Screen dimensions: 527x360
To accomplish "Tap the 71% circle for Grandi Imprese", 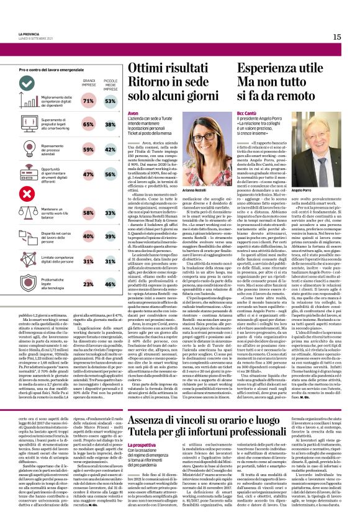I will pos(89,101).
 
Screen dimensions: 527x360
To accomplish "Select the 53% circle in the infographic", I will pos(110,101).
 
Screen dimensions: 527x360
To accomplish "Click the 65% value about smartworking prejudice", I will pos(89,124).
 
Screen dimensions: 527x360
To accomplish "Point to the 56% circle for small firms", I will pos(110,175).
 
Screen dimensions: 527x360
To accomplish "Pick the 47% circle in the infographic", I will pos(89,175).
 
